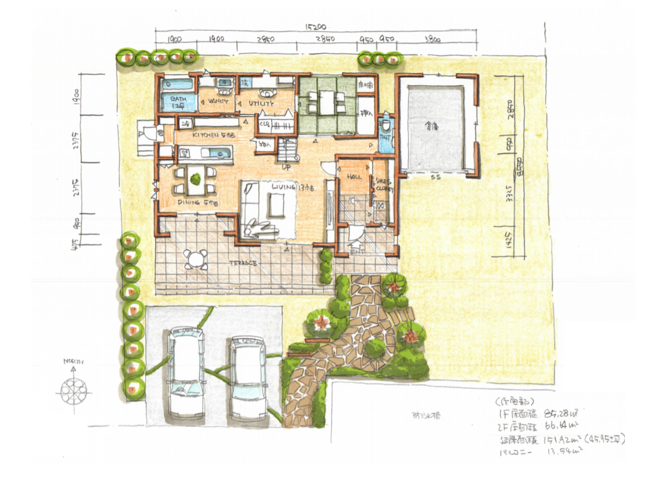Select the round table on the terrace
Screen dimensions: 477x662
coord(195,258)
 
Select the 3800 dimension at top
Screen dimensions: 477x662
coord(432,39)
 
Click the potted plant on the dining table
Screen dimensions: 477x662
coord(195,179)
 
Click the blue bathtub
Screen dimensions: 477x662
coord(177,85)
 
